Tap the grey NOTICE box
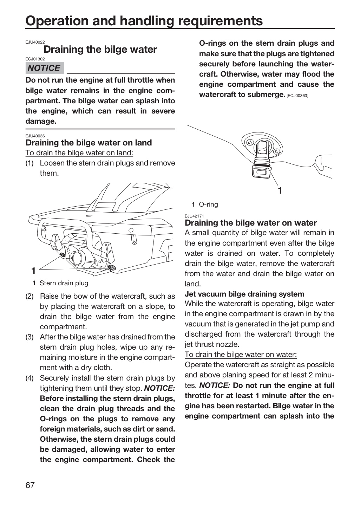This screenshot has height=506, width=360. click(45, 68)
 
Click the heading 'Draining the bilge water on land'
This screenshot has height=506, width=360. click(89, 143)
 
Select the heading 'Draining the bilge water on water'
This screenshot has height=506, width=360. click(251, 223)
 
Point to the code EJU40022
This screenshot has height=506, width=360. click(35, 42)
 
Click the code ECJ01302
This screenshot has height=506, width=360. click(35, 59)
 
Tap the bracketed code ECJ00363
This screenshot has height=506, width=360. click(297, 96)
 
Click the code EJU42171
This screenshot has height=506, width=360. click(194, 216)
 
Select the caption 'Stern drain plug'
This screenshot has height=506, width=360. click(64, 283)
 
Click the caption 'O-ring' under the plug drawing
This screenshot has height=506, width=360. click(209, 205)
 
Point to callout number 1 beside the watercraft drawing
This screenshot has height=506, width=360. click(33, 271)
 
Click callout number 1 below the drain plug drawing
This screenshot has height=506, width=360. click(280, 191)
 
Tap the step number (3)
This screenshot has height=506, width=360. click(30, 337)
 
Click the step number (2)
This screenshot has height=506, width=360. click(30, 296)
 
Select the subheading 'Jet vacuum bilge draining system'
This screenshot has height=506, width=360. click(244, 294)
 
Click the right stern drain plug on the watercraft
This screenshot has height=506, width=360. click(112, 268)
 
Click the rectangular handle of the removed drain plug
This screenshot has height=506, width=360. click(260, 173)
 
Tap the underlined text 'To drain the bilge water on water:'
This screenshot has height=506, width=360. click(241, 355)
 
